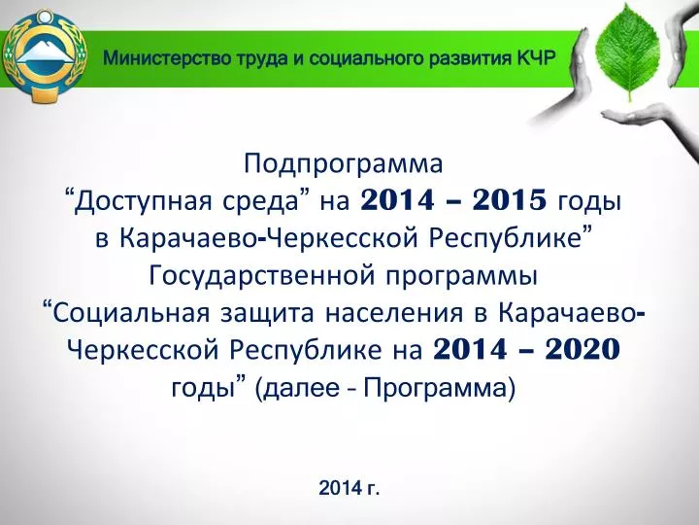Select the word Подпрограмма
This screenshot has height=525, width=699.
pos(344,164)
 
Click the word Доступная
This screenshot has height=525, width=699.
pos(143,202)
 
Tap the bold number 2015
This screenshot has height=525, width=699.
pos(509,200)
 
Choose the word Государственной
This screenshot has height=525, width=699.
pos(262,276)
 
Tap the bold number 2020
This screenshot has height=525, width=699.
pos(582,349)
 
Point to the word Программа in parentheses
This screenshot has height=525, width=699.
pos(436,389)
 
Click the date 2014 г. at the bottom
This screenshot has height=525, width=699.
pos(349,488)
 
